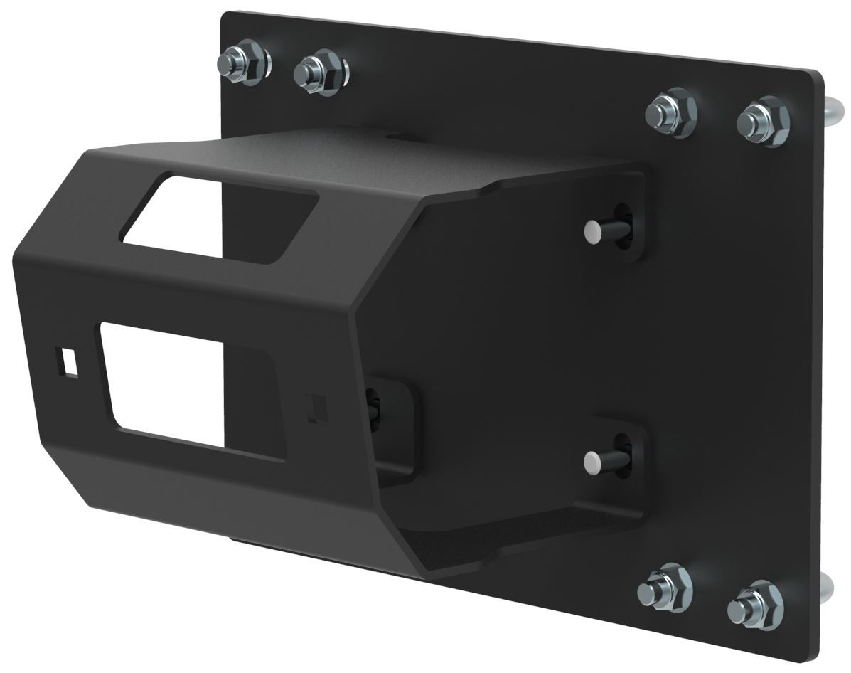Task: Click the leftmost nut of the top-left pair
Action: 246,65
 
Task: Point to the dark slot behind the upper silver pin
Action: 621,223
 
